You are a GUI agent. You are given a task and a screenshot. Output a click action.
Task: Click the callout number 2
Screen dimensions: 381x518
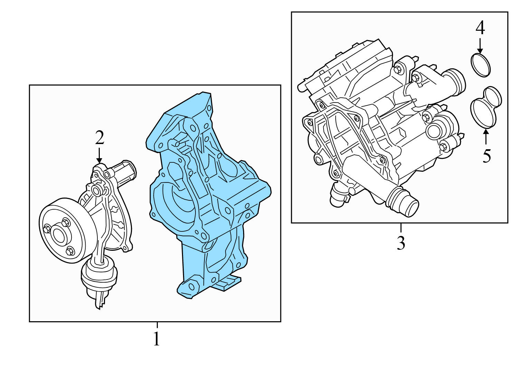pos(99,138)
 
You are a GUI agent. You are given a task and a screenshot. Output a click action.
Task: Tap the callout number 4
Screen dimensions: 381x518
pos(480,28)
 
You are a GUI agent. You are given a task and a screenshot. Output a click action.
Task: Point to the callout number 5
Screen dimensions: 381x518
pos(487,156)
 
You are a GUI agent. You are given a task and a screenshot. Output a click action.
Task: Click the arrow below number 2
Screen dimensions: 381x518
pos(99,155)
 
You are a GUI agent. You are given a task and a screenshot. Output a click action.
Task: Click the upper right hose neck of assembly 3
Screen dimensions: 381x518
pos(454,83)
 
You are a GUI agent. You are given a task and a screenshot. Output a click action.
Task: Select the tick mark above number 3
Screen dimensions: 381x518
pos(401,228)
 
